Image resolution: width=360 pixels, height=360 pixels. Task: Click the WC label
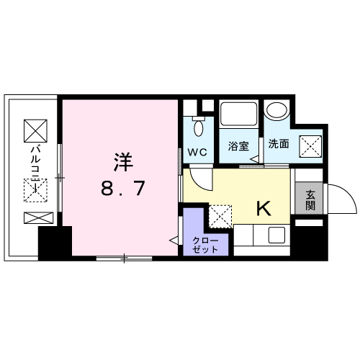(x=197, y=152)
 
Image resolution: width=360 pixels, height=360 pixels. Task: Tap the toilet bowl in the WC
(x=199, y=128)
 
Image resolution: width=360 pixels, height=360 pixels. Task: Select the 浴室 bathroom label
(x=238, y=146)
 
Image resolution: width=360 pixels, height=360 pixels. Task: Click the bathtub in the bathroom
(x=238, y=114)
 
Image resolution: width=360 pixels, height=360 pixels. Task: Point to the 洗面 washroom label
(x=279, y=143)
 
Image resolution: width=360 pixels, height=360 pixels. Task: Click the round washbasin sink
(x=276, y=111)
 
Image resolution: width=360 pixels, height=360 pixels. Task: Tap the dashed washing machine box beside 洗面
(x=310, y=146)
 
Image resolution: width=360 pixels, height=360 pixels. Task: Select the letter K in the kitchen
(x=264, y=208)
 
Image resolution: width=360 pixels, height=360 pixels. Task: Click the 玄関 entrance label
(x=310, y=200)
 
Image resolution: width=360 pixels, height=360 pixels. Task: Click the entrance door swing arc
(x=351, y=192)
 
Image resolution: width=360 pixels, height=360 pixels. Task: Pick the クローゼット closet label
(x=205, y=245)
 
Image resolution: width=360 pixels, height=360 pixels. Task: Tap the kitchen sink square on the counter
(x=276, y=235)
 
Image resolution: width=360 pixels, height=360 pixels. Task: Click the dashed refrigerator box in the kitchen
(x=220, y=216)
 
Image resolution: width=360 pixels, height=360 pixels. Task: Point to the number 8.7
(x=123, y=188)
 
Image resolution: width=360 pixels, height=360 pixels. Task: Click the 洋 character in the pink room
(x=123, y=162)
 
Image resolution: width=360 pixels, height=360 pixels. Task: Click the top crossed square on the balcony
(x=35, y=130)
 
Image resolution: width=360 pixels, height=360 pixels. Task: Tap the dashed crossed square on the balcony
(x=35, y=190)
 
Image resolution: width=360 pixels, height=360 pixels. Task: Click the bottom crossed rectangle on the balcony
(x=38, y=218)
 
